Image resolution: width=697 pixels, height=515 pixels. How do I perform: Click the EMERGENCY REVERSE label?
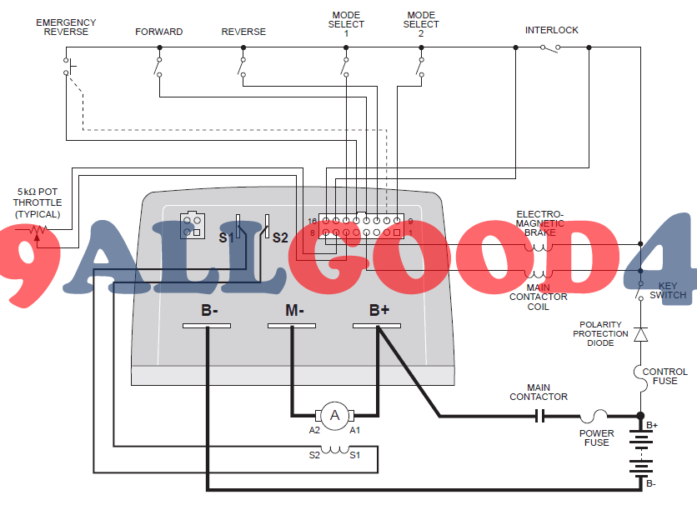[66, 27]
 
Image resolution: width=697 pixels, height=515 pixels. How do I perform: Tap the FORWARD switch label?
[159, 32]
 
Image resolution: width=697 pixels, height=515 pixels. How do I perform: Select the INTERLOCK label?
[551, 31]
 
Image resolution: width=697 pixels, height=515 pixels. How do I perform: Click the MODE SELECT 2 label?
[421, 24]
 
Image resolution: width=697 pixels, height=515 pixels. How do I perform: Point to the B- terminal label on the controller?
[209, 311]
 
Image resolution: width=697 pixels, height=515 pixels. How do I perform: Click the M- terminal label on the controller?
[294, 311]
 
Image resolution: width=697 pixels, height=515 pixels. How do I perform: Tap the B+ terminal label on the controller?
[379, 311]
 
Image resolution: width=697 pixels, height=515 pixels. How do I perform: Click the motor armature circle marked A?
[335, 415]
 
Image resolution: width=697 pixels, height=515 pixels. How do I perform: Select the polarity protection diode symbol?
[640, 334]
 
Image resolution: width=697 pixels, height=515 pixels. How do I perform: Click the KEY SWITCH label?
[668, 290]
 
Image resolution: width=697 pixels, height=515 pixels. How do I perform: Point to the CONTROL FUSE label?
[664, 377]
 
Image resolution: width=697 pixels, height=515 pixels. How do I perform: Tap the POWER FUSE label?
[596, 437]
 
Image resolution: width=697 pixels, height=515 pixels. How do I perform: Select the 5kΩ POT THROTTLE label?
[37, 202]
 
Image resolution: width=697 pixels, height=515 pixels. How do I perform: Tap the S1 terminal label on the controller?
[225, 237]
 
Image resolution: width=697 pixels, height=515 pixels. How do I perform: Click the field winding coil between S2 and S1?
[336, 450]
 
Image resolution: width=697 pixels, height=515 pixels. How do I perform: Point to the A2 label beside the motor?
[314, 430]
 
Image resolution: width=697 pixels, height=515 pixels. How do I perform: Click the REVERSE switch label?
[243, 32]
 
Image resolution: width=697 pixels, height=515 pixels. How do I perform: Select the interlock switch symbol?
[551, 47]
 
